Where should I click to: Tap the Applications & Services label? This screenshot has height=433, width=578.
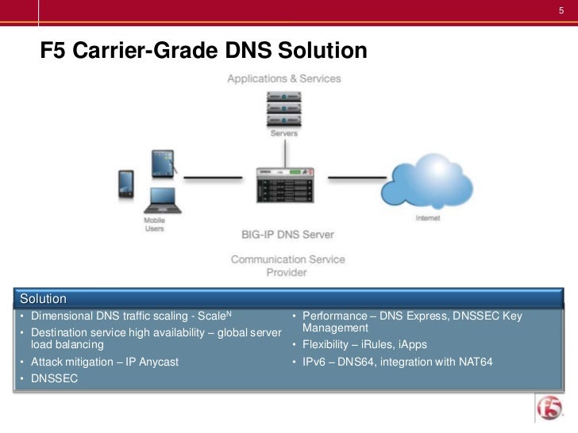point(283,79)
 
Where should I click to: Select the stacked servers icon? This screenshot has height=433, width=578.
point(283,108)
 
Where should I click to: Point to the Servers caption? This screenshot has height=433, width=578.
point(283,134)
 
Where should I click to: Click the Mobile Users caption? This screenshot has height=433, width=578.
point(154,224)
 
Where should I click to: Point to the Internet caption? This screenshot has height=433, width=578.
point(429,219)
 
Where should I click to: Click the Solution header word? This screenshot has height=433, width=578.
point(43,299)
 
